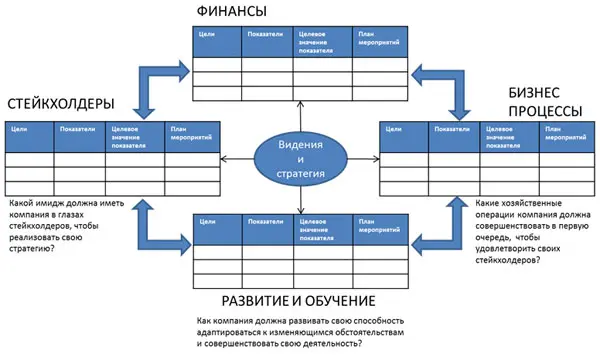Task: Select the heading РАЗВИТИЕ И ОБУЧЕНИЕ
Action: click(299, 300)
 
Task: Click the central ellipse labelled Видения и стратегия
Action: click(300, 160)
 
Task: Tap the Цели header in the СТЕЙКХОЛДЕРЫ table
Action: click(18, 127)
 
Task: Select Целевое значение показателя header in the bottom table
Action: click(319, 224)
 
